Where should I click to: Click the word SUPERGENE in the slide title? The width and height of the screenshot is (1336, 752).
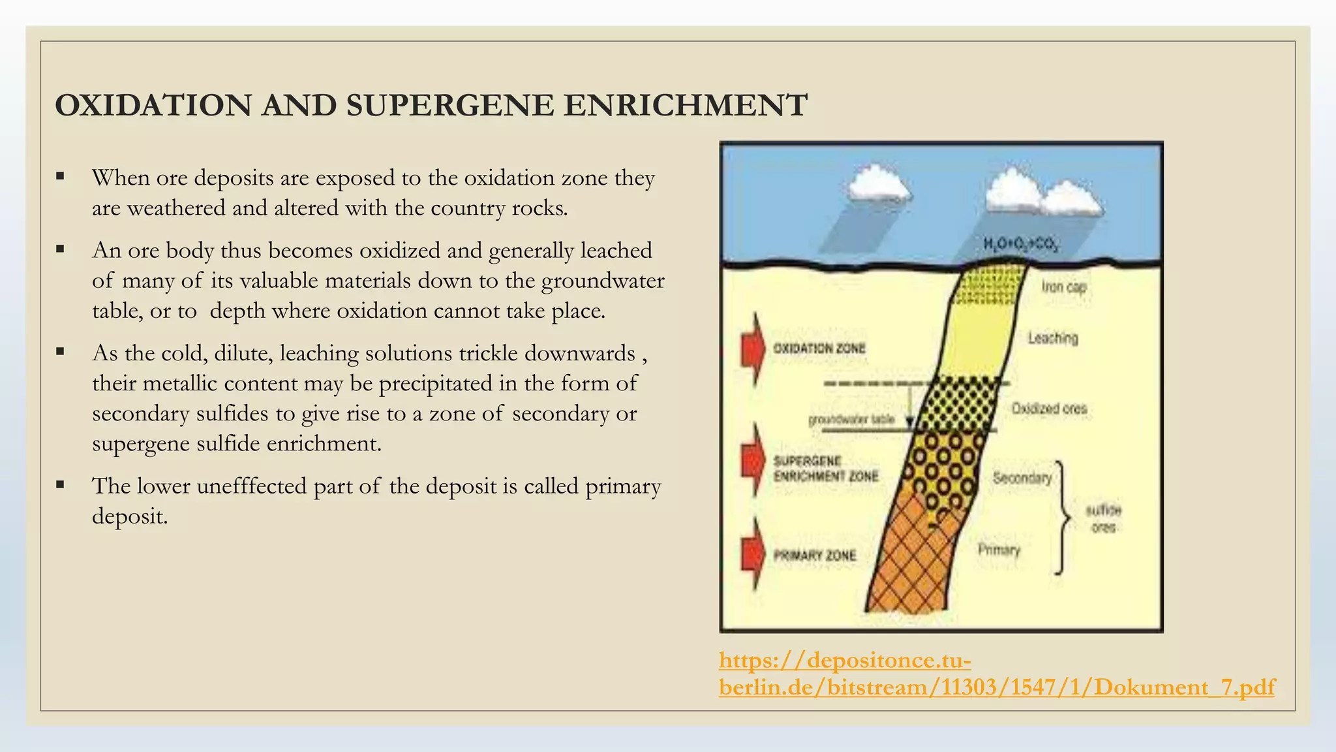point(449,106)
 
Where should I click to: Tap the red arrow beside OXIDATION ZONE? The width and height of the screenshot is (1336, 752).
point(753,348)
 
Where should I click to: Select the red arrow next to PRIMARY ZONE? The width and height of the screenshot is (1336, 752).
point(753,555)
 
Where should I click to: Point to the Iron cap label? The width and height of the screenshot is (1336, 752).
point(1063,287)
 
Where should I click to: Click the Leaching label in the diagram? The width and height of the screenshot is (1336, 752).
point(1053,338)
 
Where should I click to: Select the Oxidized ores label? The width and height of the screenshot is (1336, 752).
point(1049,409)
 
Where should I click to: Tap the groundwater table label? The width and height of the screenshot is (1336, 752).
point(851,420)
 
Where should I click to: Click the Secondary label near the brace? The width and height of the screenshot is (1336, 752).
point(1022,478)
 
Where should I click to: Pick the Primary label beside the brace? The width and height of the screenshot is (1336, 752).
point(999,550)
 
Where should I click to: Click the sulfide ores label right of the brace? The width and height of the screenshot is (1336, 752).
point(1103,518)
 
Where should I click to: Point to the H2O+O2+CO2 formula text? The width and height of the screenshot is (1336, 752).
point(1021,245)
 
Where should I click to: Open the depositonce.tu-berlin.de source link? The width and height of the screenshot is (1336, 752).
point(996,674)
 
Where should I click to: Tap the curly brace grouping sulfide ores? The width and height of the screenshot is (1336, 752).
point(1062,518)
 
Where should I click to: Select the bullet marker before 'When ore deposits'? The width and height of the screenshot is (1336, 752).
point(61,176)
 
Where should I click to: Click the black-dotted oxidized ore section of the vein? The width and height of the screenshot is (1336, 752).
point(962,405)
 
